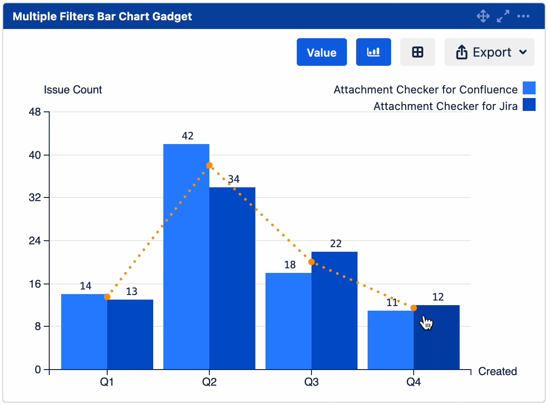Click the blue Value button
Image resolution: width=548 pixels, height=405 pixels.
point(322,52)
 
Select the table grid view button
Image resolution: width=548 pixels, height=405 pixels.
point(417,52)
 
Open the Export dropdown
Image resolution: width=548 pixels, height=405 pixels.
point(489,52)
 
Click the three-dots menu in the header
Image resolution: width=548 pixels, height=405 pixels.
point(523,17)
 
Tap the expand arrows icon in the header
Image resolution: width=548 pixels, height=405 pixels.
point(503,17)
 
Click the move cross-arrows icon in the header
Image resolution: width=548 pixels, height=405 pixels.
point(483,17)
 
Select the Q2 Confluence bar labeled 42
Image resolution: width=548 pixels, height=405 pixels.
point(186,258)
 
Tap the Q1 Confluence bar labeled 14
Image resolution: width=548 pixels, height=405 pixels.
point(84,331)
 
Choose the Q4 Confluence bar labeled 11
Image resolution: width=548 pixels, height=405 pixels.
point(391,341)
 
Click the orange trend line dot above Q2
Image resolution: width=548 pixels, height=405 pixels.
point(209,165)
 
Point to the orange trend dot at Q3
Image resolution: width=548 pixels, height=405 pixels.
point(311,262)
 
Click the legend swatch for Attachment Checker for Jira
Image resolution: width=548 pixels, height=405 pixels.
point(529,105)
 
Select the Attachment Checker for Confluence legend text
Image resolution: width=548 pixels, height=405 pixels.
point(425,89)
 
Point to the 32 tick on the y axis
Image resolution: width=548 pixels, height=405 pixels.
point(35,198)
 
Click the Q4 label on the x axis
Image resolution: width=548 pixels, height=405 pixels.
point(413,382)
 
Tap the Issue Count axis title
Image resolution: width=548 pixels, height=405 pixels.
point(73,90)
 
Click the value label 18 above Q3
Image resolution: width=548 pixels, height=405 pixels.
point(290,265)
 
